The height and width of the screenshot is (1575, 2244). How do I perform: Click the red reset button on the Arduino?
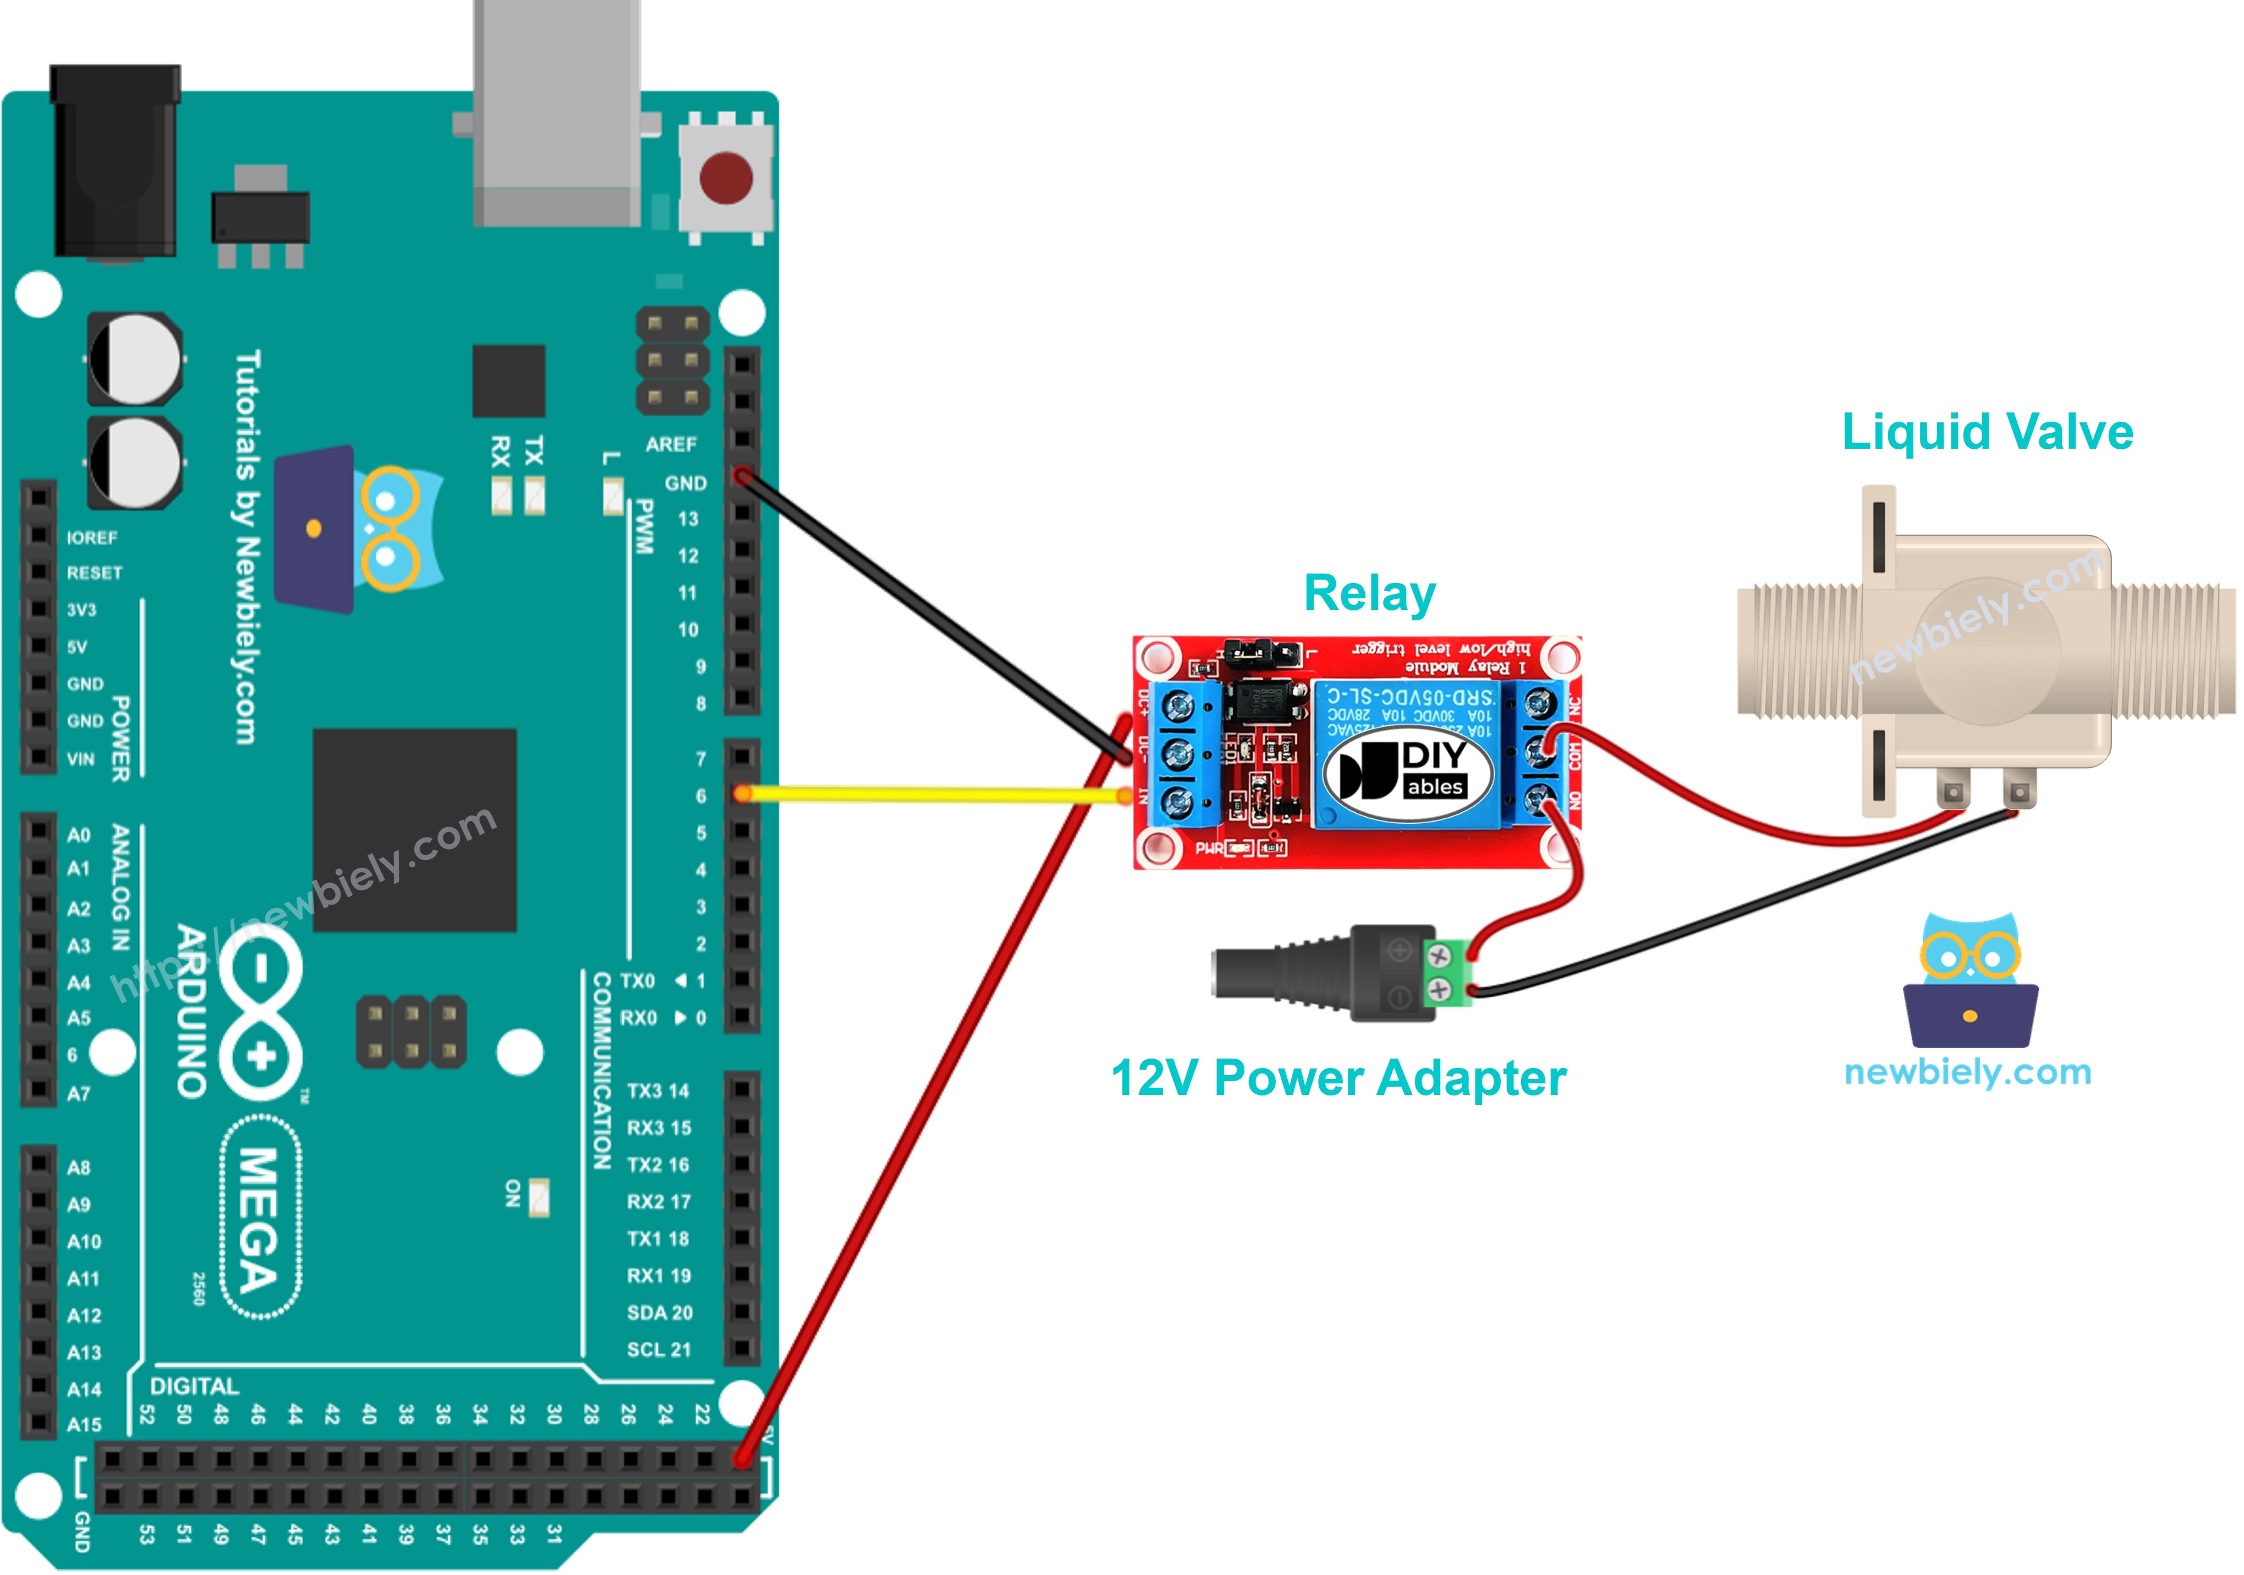click(726, 179)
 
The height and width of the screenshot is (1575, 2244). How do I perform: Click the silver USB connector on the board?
click(557, 112)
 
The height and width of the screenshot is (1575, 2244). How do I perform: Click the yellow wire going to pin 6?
click(929, 795)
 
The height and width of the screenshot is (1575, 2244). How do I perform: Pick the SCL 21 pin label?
click(658, 1350)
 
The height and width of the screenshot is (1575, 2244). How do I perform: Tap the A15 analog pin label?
click(84, 1424)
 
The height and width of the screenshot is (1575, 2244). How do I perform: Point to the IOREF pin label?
click(92, 537)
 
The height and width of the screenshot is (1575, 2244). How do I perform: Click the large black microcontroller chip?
click(414, 829)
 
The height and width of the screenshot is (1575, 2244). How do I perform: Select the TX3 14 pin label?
click(658, 1091)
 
